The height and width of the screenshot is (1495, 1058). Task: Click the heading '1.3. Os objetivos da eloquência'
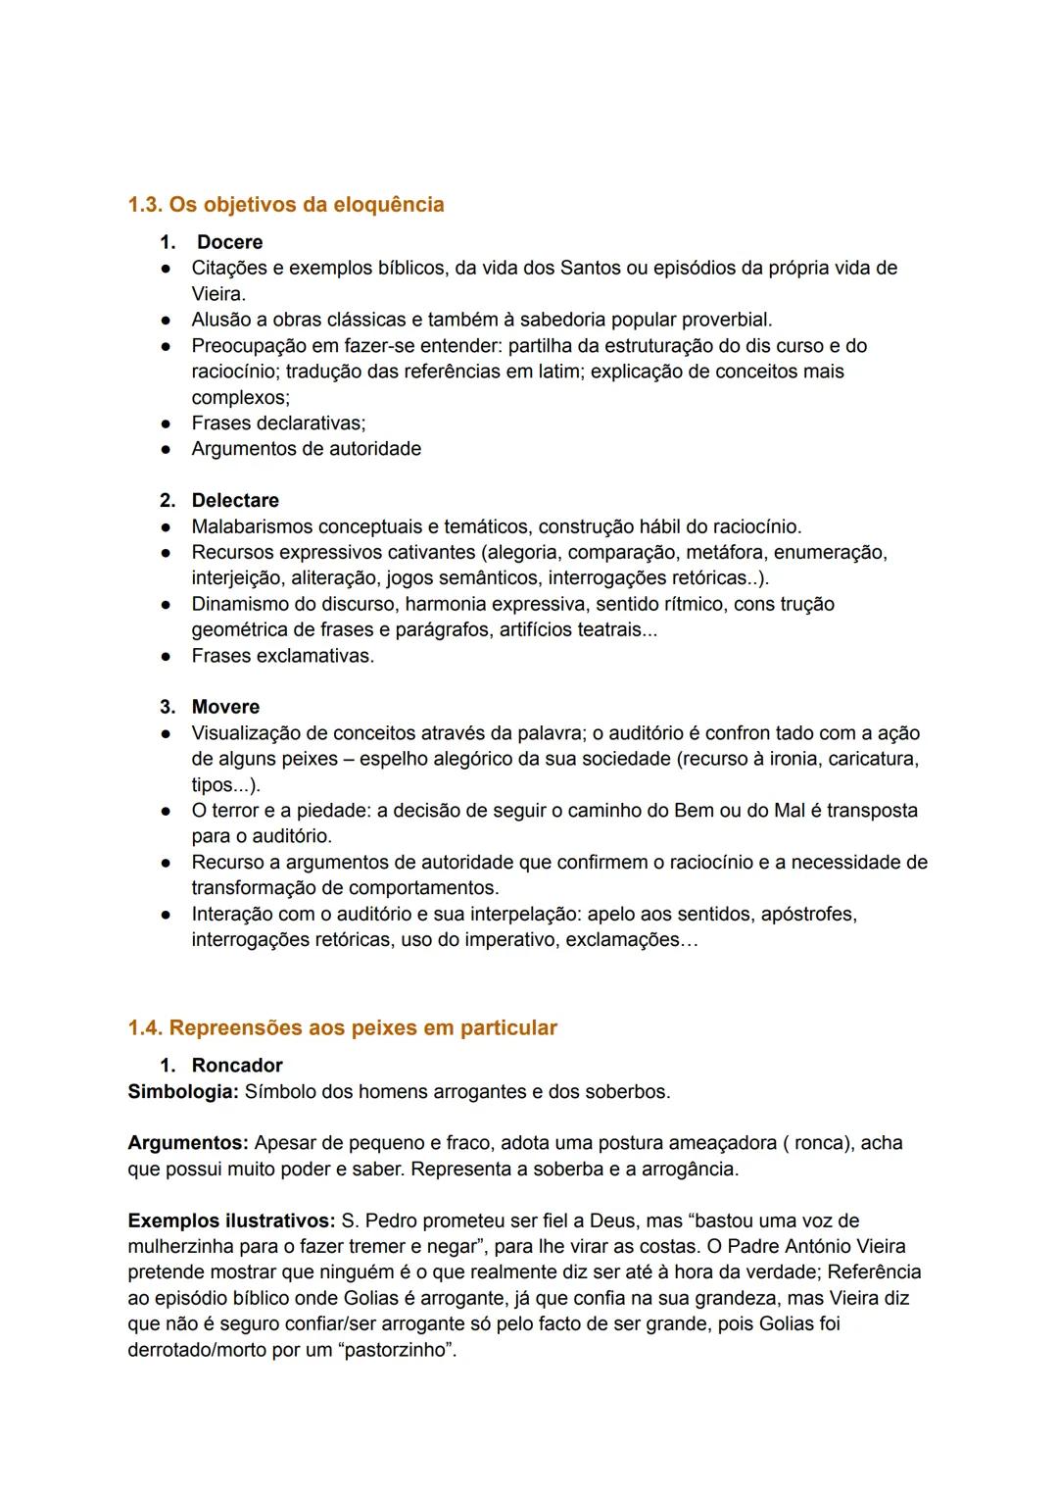click(285, 205)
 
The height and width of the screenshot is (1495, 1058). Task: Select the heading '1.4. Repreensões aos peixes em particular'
click(342, 1028)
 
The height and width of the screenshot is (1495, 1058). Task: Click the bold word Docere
click(229, 242)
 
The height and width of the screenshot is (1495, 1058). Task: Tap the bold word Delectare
click(235, 501)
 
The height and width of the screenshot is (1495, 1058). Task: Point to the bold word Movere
click(225, 707)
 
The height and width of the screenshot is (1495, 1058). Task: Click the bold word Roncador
click(237, 1066)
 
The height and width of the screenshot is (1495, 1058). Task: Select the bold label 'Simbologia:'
click(183, 1092)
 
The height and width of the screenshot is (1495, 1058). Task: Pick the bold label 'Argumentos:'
click(188, 1143)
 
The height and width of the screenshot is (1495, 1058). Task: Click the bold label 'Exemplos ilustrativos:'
click(231, 1221)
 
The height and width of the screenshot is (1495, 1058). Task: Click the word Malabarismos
click(252, 526)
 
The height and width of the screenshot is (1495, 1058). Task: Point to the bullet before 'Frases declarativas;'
click(168, 424)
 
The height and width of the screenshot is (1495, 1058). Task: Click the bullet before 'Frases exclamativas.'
click(168, 656)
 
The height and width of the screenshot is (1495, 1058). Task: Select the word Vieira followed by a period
click(217, 294)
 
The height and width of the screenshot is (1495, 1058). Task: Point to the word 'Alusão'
click(223, 320)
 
